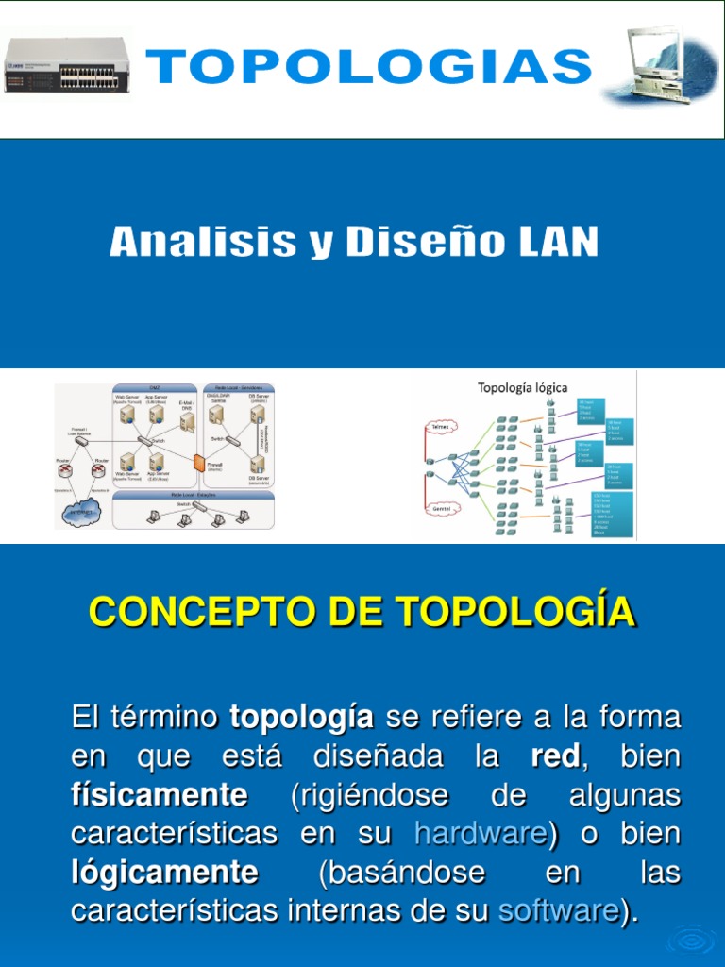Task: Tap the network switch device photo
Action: [x=66, y=66]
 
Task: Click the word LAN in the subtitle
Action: [x=557, y=243]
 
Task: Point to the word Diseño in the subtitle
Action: [x=411, y=243]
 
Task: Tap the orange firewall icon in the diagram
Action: [x=199, y=463]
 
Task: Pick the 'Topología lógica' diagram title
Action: [x=522, y=387]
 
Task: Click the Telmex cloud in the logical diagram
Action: [x=440, y=427]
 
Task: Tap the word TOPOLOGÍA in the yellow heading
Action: [x=515, y=612]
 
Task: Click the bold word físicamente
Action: [x=160, y=795]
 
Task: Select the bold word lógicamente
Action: [x=164, y=872]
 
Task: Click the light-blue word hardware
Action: [x=480, y=834]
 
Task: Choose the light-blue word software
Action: [x=558, y=910]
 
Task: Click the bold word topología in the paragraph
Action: [x=301, y=718]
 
